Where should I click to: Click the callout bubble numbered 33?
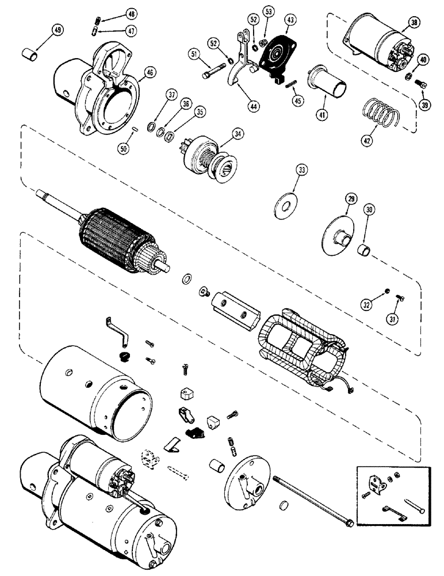(x=302, y=170)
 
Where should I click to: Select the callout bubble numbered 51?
(x=194, y=55)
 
